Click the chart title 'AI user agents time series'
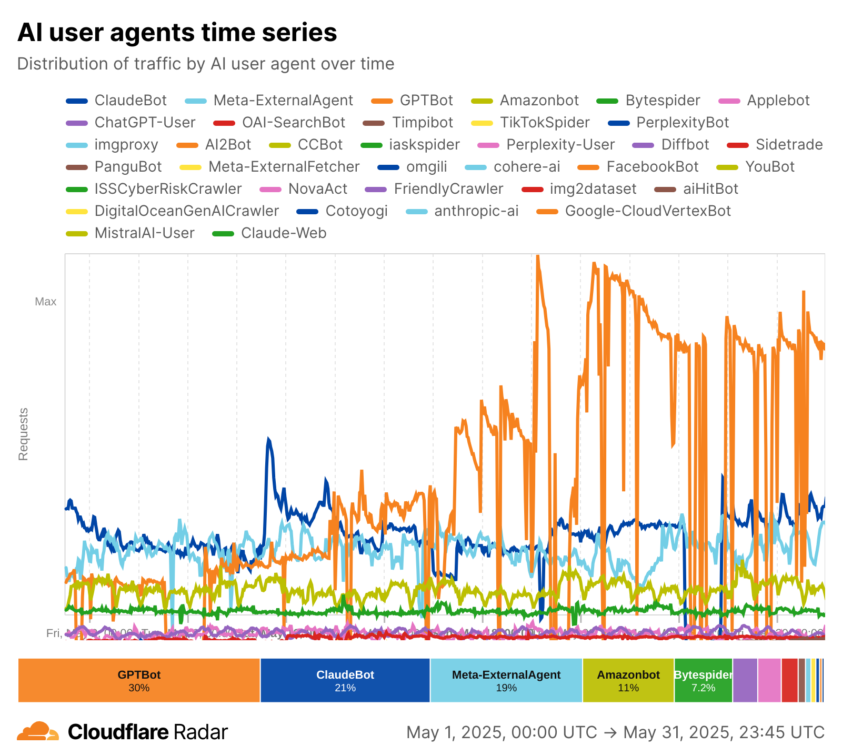click(x=177, y=33)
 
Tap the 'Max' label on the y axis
click(x=46, y=302)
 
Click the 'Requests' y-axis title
click(x=23, y=434)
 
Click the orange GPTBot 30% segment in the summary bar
click(x=139, y=680)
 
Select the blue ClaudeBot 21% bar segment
click(x=345, y=680)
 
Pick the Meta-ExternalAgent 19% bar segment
click(x=506, y=680)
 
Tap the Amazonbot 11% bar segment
click(x=628, y=680)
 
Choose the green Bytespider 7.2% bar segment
click(x=703, y=680)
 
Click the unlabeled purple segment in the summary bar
click(x=745, y=680)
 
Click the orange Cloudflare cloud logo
click(x=38, y=732)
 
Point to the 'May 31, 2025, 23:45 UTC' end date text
click(x=724, y=732)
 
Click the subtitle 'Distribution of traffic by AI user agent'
click(x=205, y=64)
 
